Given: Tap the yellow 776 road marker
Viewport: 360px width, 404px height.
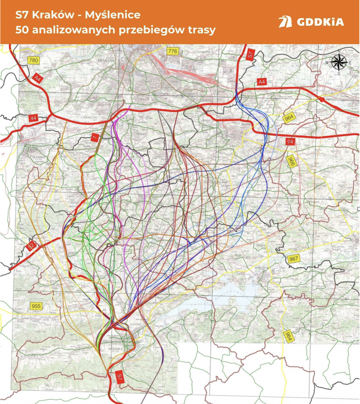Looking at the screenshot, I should [x=172, y=51].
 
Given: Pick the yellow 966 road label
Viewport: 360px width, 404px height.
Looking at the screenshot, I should [x=291, y=161].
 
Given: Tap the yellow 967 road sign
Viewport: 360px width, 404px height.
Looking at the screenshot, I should [x=294, y=259].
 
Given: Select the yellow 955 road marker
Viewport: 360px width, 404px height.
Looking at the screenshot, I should [x=36, y=306].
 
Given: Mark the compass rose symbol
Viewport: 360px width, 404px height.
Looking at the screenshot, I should [x=339, y=63].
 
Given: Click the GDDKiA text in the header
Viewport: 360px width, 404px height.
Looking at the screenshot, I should [x=321, y=22].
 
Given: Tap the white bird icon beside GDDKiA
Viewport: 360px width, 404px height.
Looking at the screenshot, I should [x=285, y=22].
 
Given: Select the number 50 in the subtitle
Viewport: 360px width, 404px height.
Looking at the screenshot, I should [x=21, y=30].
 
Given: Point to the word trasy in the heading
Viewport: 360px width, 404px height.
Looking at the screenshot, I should [x=200, y=30].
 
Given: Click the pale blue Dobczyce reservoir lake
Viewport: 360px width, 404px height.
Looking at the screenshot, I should [x=214, y=295].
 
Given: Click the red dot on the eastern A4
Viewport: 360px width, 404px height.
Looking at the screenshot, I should [x=322, y=99].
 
